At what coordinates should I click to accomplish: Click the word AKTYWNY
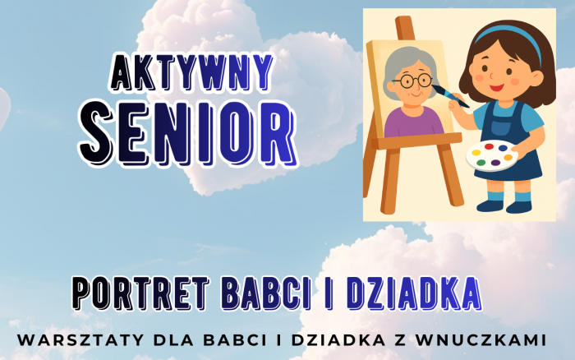pyautogui.click(x=191, y=72)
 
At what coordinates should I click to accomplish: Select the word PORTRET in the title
pyautogui.click(x=140, y=293)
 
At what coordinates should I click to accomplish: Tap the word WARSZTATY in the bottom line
pyautogui.click(x=80, y=339)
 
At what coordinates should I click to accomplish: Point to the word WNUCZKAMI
pyautogui.click(x=481, y=339)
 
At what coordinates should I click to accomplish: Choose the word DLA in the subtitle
pyautogui.click(x=173, y=339)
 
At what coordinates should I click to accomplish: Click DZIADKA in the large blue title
pyautogui.click(x=414, y=293)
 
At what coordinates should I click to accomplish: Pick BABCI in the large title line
pyautogui.click(x=267, y=293)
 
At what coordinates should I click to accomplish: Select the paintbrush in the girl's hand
pyautogui.click(x=449, y=96)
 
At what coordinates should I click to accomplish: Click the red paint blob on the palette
pyautogui.click(x=489, y=147)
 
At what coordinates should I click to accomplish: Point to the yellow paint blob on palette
pyautogui.click(x=476, y=153)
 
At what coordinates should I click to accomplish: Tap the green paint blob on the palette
pyautogui.click(x=481, y=162)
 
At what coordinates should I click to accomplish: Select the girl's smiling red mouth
pyautogui.click(x=496, y=88)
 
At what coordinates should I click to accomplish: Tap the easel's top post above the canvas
pyautogui.click(x=404, y=28)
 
